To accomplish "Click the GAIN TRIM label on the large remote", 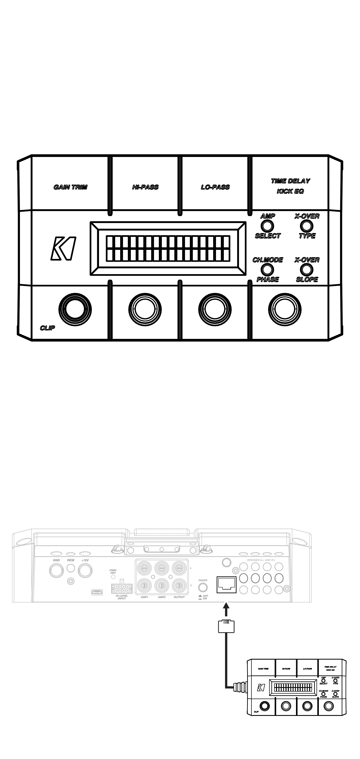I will tap(70, 187).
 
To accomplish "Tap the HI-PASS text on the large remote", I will tap(145, 187).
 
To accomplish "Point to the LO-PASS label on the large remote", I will tap(215, 187).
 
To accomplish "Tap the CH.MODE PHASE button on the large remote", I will tap(267, 269).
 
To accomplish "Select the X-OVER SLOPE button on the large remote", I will tap(307, 269).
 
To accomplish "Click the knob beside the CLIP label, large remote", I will tap(75, 309).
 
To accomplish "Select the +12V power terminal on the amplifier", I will tap(85, 571).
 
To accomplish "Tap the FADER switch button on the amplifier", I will tap(203, 588).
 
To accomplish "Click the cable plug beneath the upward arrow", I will tap(226, 626).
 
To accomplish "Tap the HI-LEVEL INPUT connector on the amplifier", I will tap(121, 588).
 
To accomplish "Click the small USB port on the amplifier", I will tap(97, 592).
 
